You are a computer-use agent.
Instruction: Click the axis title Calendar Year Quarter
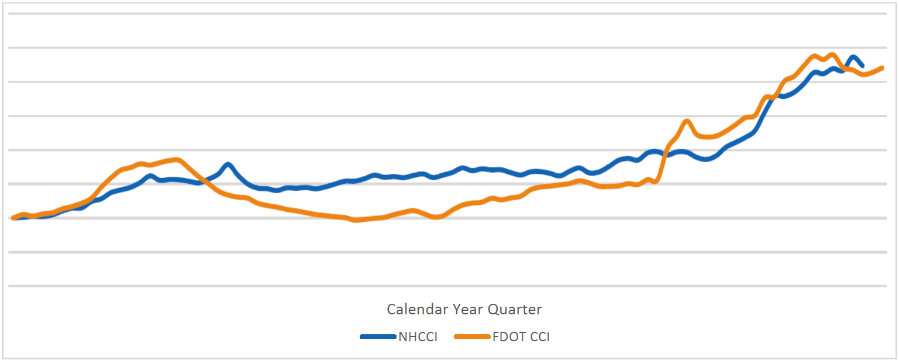464,309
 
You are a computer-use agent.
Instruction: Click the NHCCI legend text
418,337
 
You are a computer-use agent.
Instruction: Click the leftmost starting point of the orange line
13,218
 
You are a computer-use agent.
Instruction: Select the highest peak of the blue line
853,57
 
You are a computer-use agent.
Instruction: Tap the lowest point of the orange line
355,220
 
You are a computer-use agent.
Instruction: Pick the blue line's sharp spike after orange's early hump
228,164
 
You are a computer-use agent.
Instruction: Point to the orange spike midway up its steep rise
687,121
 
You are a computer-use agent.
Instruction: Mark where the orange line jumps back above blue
665,154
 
